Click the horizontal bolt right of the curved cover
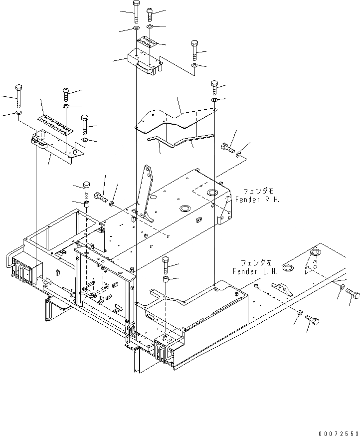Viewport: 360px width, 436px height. coord(227,147)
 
